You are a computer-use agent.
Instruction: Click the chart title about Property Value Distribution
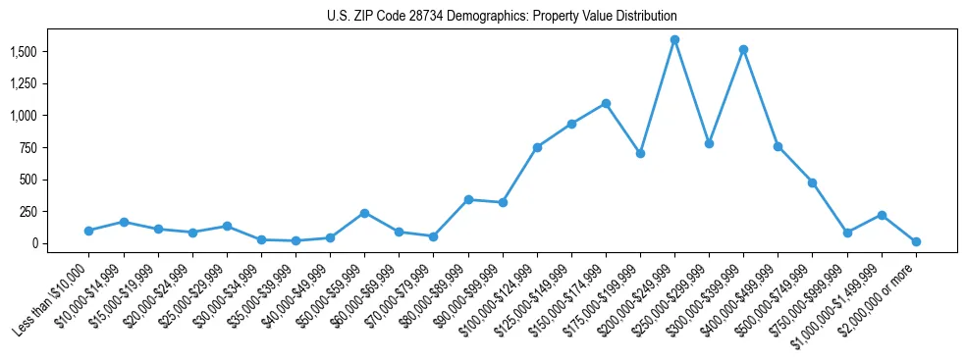click(502, 17)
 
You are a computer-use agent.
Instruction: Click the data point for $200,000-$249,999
click(674, 40)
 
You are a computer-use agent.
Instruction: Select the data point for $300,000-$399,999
click(744, 49)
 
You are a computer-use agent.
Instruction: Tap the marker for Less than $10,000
click(88, 231)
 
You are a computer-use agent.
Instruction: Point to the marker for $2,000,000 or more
click(916, 241)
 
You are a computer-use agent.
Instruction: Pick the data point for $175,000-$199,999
click(640, 153)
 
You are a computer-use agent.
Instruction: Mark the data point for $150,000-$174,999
click(606, 103)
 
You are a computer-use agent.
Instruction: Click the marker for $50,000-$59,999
click(364, 213)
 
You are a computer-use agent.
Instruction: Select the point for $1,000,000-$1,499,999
click(882, 215)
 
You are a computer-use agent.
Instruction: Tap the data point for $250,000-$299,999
click(709, 143)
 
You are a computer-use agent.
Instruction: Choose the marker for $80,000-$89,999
click(468, 199)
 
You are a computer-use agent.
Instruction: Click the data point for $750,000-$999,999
click(847, 233)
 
